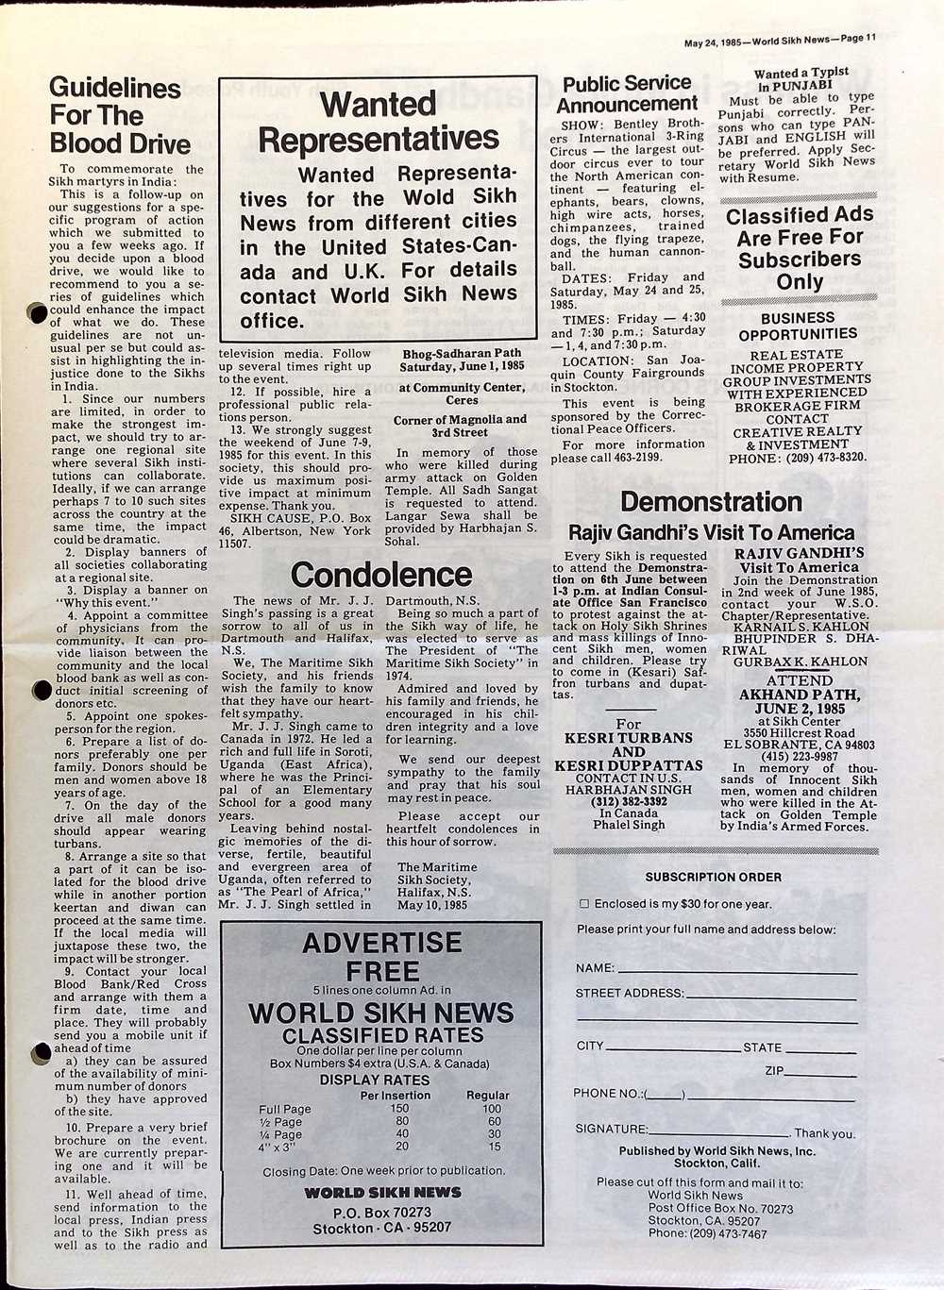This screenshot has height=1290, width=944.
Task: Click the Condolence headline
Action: (x=380, y=575)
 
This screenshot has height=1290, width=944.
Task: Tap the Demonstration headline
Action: (x=711, y=502)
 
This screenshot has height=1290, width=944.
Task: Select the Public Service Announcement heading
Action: (x=627, y=93)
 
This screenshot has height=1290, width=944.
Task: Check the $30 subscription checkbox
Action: (x=583, y=904)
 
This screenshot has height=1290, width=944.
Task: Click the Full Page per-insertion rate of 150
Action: (x=401, y=1110)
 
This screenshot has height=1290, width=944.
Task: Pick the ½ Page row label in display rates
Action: (x=280, y=1122)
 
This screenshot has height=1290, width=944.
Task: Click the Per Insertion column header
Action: (x=396, y=1096)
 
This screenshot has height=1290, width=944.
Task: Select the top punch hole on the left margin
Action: (x=37, y=312)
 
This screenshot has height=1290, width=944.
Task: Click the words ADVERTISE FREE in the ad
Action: (x=381, y=956)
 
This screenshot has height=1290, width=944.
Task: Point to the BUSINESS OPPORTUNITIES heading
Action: (x=798, y=327)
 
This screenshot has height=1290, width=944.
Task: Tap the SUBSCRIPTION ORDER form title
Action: (x=713, y=877)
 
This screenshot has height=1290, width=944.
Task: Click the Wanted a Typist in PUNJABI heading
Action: (x=801, y=78)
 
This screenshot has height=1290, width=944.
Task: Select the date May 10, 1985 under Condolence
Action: (x=432, y=904)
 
